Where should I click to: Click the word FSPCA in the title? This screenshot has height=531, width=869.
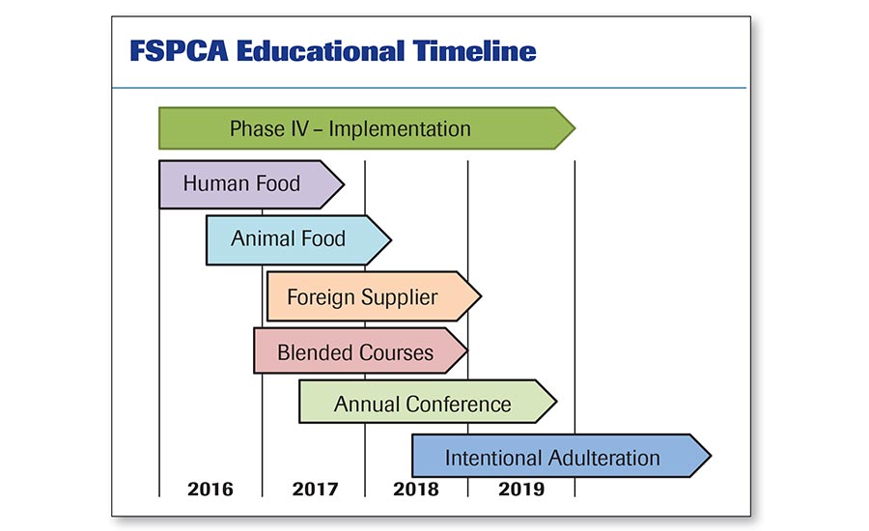coord(179,51)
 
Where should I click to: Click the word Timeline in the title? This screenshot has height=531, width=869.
coord(474,51)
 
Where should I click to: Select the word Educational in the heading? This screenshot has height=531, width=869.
coord(321,51)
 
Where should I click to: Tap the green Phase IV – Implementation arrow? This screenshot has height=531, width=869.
coord(367,128)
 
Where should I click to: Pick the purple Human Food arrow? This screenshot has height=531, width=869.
coord(251,184)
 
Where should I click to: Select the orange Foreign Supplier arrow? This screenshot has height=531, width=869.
coord(374,296)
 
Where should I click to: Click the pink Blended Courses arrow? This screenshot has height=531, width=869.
coord(361,350)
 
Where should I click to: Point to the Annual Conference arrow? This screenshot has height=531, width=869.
coord(428,402)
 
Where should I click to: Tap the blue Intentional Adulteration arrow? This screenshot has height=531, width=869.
coord(561,456)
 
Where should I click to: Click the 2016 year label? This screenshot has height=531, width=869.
coord(210,489)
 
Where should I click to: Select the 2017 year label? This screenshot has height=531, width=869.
coord(315,489)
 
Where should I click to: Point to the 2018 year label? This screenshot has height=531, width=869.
coord(415,489)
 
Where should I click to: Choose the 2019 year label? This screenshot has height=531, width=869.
coord(521,489)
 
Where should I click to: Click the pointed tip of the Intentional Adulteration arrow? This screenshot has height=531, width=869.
coord(711,456)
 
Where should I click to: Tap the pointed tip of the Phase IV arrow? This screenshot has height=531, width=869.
coord(575,128)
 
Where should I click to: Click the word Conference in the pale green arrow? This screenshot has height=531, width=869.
coord(459,405)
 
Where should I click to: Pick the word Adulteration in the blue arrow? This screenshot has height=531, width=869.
coord(605,459)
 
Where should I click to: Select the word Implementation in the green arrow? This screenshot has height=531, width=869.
coord(400,129)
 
